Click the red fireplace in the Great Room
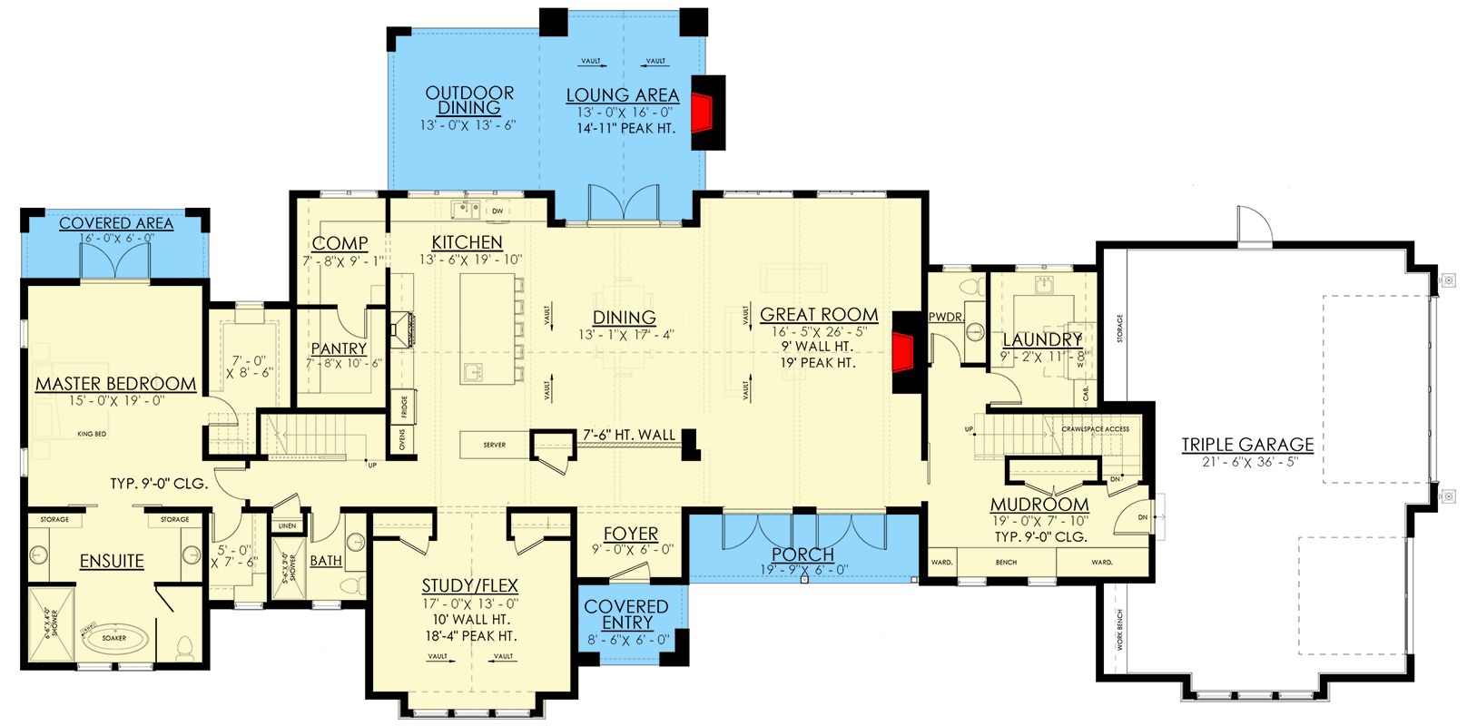pos(901,352)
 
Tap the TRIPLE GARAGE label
pos(1247,445)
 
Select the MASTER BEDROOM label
pos(115,384)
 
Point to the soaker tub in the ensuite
pos(114,636)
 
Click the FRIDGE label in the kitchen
pos(404,408)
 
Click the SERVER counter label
pos(495,445)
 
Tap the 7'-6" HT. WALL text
pos(629,436)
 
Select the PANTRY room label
pos(339,348)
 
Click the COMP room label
pos(340,243)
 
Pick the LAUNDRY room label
pos(1042,339)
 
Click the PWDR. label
pos(946,317)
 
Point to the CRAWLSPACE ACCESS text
pos(1095,429)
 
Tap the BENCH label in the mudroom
pos(1006,563)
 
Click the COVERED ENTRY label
pos(626,614)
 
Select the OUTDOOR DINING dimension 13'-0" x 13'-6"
pos(468,125)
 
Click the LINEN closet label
pos(287,525)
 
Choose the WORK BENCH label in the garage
pos(1119,630)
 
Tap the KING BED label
pos(92,434)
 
